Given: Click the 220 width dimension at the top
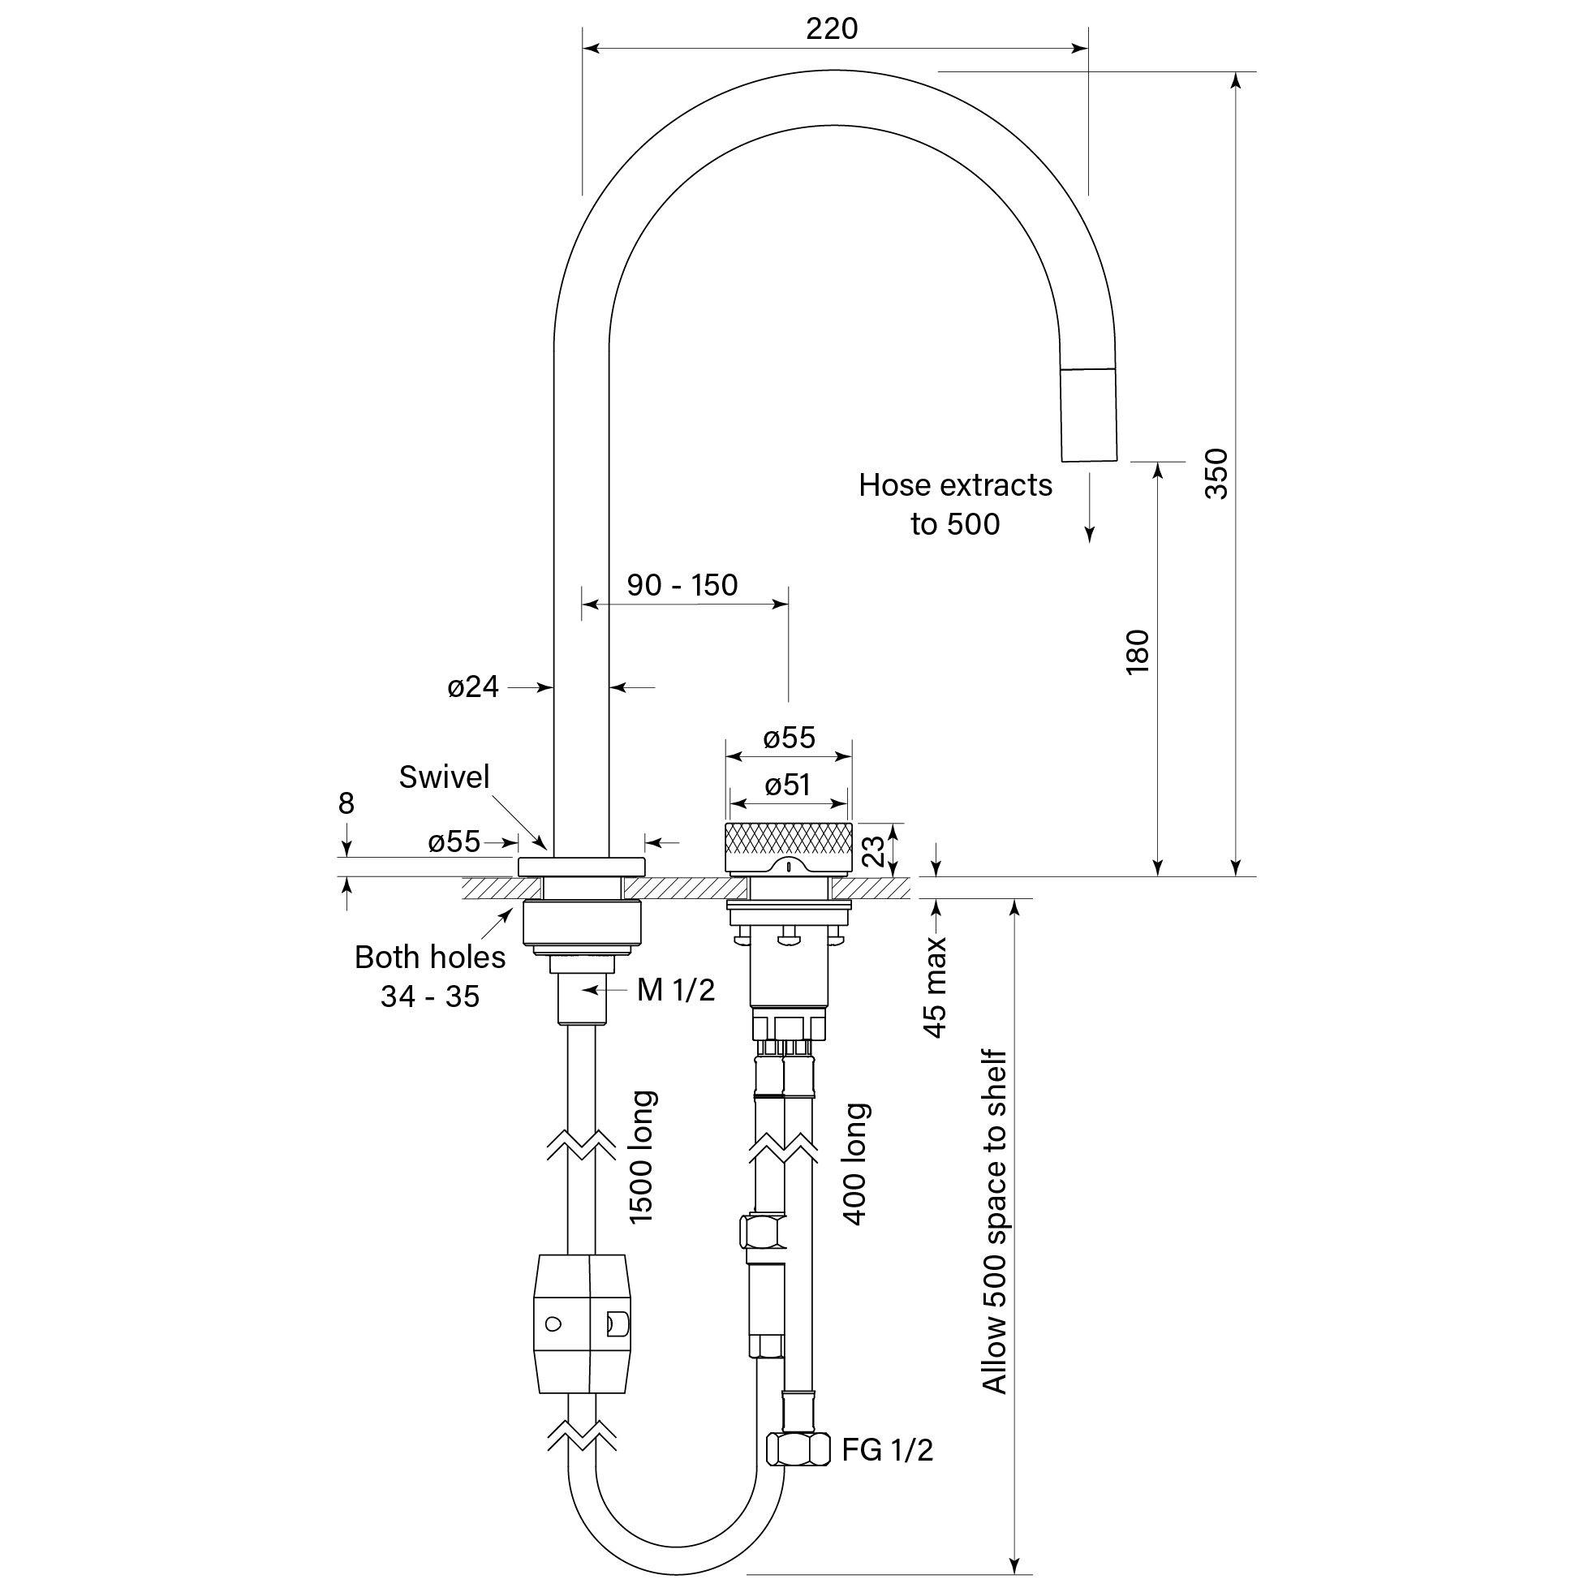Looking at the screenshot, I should pyautogui.click(x=832, y=28).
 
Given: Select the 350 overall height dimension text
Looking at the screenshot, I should pyautogui.click(x=1216, y=473).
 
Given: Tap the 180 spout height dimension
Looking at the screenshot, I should pyautogui.click(x=1138, y=652).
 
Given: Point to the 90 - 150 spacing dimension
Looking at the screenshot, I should pyautogui.click(x=682, y=585).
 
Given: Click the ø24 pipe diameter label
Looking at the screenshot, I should pyautogui.click(x=472, y=686).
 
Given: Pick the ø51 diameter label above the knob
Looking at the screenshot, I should pyautogui.click(x=787, y=785).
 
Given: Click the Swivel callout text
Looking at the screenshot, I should pyautogui.click(x=444, y=777).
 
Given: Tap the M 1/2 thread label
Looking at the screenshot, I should pyautogui.click(x=676, y=991).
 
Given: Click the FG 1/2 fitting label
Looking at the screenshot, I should pyautogui.click(x=888, y=1450).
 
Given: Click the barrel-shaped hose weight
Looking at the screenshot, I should pyautogui.click(x=582, y=1324).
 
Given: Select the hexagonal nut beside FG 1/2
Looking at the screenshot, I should pyautogui.click(x=798, y=1449).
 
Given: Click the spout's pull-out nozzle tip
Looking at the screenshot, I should pyautogui.click(x=1089, y=415).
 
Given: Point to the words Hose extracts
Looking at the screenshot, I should pyautogui.click(x=955, y=485).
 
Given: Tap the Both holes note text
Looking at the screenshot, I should pyautogui.click(x=430, y=958).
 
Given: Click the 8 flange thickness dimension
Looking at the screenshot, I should pyautogui.click(x=346, y=803).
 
